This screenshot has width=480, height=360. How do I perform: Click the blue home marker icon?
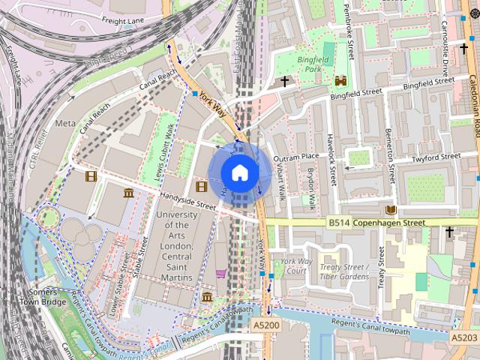point(239,173)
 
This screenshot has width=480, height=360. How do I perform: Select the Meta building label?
point(65,122)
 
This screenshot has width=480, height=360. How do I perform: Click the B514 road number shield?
point(339,223)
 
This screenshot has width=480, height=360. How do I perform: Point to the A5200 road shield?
point(265,325)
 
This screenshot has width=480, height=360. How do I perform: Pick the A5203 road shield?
point(464,338)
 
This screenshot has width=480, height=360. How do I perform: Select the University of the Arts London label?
point(176,245)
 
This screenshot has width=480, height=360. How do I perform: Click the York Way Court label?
point(293,266)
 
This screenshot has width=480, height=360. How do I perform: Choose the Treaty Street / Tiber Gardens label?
point(344,271)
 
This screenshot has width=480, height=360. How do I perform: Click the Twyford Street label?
point(435,157)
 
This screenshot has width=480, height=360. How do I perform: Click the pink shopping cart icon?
point(220,274)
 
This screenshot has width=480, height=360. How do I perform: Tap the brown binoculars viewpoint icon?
point(340,80)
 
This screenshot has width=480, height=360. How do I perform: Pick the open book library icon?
point(390,209)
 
